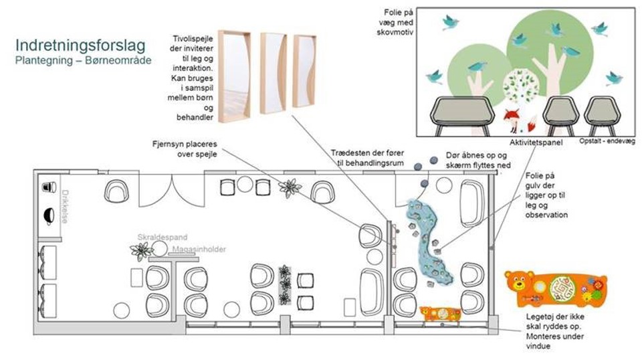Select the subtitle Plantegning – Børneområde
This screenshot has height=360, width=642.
point(83,60)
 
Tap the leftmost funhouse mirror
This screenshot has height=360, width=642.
point(234,76)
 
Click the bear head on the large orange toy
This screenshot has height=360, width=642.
point(519,285)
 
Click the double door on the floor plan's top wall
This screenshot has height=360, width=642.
point(173,191)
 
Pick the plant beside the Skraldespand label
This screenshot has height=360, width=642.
point(142,251)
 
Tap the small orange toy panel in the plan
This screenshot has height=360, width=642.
point(440,312)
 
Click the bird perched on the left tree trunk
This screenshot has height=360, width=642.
point(477,67)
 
